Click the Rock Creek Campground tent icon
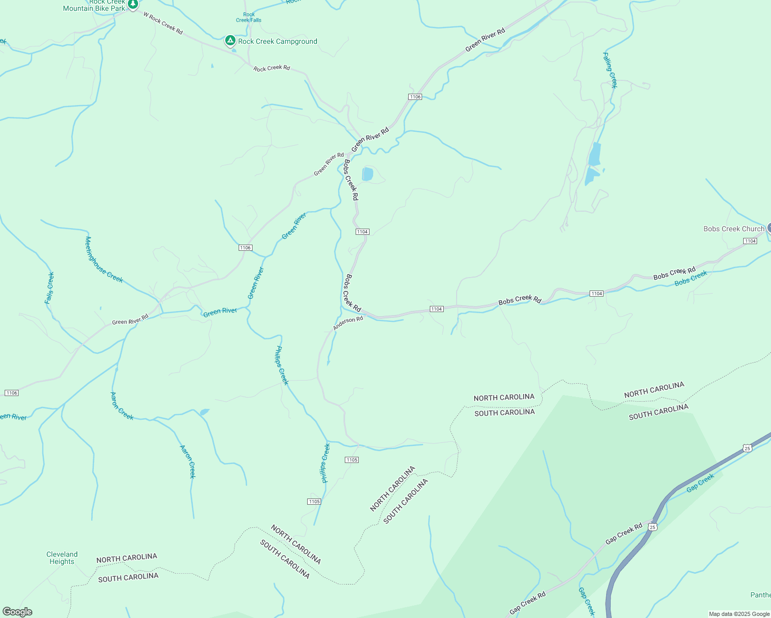tap(230, 41)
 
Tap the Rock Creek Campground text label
tap(277, 41)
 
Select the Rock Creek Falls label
tap(249, 18)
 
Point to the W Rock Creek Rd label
tap(163, 24)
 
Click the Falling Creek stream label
tap(610, 70)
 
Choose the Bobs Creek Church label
tap(733, 229)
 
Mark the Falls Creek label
tap(49, 288)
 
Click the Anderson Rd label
tap(348, 323)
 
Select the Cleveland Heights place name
tap(62, 558)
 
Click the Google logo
tap(17, 612)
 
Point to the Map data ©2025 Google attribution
tap(739, 614)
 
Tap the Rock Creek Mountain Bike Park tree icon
tap(133, 5)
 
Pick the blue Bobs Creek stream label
tap(691, 279)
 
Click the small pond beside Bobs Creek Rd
tap(367, 174)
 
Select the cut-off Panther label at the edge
tap(760, 595)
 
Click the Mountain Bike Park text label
tap(94, 8)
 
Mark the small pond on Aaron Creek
tap(205, 412)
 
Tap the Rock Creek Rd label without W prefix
tap(272, 68)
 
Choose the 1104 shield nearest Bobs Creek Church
tap(750, 241)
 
